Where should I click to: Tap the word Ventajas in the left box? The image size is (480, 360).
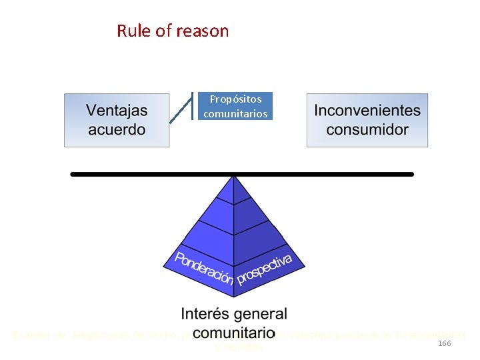coord(117,111)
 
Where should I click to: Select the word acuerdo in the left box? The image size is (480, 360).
coord(117,129)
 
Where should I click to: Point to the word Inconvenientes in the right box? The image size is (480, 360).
coord(367,111)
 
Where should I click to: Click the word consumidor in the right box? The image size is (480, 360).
coord(367,129)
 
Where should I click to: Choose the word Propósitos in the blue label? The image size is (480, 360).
coord(236,99)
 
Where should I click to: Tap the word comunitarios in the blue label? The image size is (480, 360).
coord(236,114)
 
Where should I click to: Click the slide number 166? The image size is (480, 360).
coord(445,343)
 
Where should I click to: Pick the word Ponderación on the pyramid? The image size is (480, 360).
coord(204,268)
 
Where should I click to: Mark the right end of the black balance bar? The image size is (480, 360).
coord(411,174)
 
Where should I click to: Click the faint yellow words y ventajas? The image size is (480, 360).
coord(239,347)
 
